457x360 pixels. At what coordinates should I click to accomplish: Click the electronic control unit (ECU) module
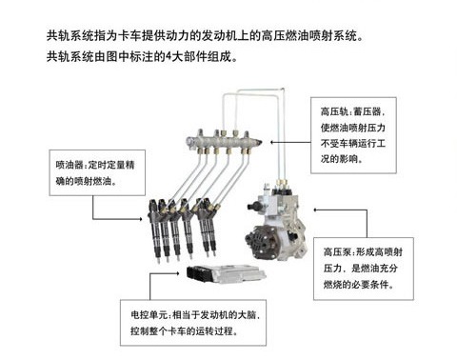(x=227, y=273)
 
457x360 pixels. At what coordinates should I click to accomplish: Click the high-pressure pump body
(x=277, y=222)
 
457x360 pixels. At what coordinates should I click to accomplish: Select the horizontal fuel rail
(x=224, y=142)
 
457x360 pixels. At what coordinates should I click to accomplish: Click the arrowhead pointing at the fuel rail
(x=271, y=142)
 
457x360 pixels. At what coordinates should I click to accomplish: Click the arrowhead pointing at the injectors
(x=141, y=219)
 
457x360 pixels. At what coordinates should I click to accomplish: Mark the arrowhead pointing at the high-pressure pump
(x=315, y=210)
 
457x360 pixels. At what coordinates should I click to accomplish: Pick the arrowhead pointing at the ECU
(x=178, y=272)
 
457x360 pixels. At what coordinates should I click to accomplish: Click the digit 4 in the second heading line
(x=169, y=57)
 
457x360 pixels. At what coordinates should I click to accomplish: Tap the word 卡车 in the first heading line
(x=129, y=35)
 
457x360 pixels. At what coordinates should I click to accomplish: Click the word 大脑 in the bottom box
(x=247, y=315)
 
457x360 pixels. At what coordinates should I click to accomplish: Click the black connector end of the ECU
(x=195, y=273)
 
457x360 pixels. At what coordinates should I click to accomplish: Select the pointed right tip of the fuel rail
(x=261, y=142)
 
